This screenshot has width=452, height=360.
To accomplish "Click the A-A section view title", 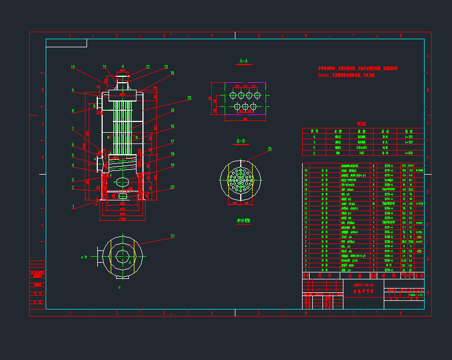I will tap(243, 61).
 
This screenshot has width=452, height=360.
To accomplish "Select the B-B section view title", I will tap(241, 141).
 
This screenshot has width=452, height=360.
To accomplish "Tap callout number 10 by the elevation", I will tap(73, 67).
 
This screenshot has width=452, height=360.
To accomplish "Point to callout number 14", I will tap(173, 73).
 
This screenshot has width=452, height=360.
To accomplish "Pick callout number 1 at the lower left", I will tap(73, 206).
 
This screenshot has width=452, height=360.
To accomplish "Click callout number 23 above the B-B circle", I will tap(269, 149).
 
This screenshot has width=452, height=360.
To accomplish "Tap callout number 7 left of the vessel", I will tap(73, 128).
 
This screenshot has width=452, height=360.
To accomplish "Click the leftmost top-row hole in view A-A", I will tap(232, 95).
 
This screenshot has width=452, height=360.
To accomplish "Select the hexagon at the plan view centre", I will tap(123, 253).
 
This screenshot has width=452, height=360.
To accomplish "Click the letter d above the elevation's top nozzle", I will tap(123, 66).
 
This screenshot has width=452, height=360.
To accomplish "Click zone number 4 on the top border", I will tap(211, 35).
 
